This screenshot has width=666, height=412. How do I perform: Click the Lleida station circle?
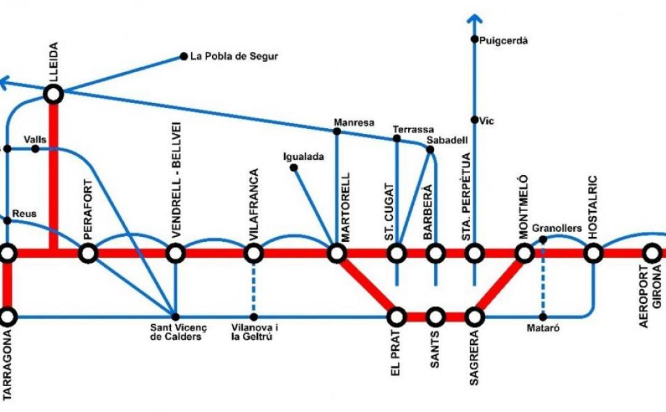pos(54,94)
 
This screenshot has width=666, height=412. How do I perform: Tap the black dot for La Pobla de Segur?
pos(183,56)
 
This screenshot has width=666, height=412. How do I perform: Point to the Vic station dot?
pos(474,120)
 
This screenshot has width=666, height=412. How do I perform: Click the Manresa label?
pos(354,122)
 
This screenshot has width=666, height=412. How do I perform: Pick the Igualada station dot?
pos(294,167)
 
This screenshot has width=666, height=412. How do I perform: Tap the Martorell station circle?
pos(337,253)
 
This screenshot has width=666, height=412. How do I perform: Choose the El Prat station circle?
pos(397,317)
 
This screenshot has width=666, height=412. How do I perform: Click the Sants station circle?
pos(436,317)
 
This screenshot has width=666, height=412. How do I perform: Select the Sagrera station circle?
pos(474,317)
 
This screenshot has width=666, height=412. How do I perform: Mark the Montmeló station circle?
pos(524,253)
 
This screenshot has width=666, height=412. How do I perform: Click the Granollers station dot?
pos(543,239)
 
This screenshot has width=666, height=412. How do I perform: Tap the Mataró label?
pos(543,329)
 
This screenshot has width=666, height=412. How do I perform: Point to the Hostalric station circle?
pos(593,253)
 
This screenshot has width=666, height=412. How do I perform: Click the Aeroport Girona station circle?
pos(652,253)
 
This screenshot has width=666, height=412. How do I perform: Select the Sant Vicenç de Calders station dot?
pos(176,317)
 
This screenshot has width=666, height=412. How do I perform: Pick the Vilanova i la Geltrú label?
pos(252,332)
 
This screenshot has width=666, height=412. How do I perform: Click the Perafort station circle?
pos(88,253)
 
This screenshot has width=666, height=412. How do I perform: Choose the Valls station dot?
pos(35,149)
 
